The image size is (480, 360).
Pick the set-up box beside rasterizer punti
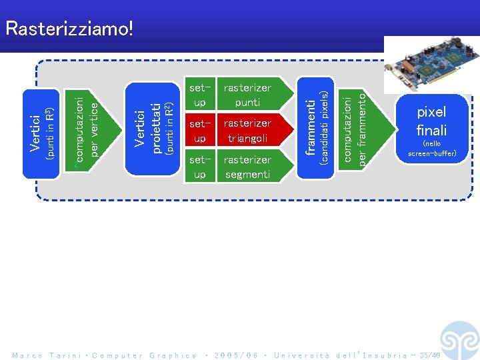[x=199, y=95]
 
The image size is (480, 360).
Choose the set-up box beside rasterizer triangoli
[x=199, y=131]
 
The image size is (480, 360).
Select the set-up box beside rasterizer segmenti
[x=199, y=167]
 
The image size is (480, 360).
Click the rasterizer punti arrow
[x=249, y=95]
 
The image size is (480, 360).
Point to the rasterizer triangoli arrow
[x=249, y=131]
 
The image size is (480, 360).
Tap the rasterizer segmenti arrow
[x=249, y=167]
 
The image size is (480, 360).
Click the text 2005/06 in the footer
[x=235, y=355]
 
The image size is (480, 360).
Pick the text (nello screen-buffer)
[x=431, y=149]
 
